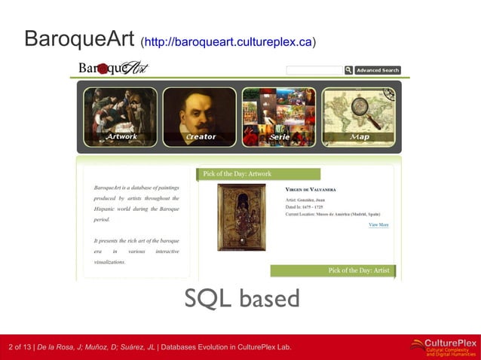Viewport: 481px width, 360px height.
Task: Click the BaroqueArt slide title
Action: coord(78,39)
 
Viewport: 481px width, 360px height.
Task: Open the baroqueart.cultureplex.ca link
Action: coord(228,41)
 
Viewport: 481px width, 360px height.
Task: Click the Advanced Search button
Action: coord(378,70)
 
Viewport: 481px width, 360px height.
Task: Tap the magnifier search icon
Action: coord(348,70)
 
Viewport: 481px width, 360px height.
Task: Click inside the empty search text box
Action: coord(314,70)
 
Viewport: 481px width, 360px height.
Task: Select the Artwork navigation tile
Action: coord(121,117)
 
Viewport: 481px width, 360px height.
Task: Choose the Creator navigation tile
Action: coord(200,117)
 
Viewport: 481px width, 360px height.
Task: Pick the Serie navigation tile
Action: coord(279,117)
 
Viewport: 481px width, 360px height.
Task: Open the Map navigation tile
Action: coord(359,117)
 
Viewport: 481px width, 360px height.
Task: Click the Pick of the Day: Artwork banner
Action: coord(258,174)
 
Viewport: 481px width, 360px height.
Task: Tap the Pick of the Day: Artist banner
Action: coord(332,270)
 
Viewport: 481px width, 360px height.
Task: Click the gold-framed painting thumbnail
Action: coord(241,218)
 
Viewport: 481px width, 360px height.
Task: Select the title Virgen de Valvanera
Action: coord(311,189)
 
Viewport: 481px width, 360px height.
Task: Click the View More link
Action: coord(378,224)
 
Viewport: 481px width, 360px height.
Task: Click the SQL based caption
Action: coord(242,299)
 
